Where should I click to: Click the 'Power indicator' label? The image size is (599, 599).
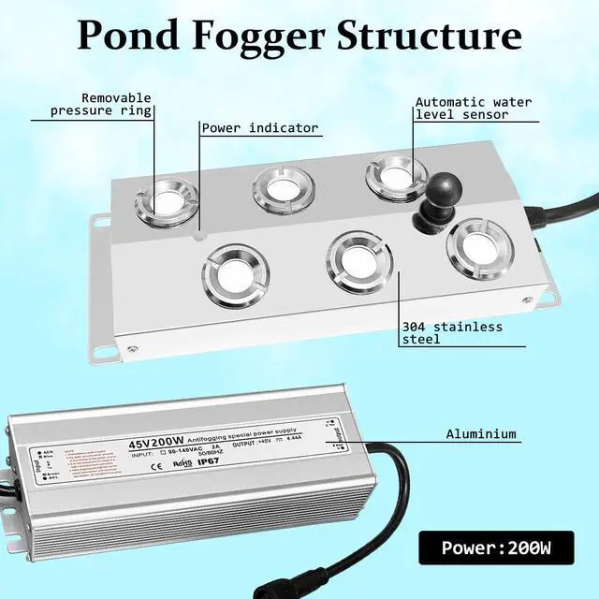tap(260, 128)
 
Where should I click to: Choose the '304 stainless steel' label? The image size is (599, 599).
tap(452, 332)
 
